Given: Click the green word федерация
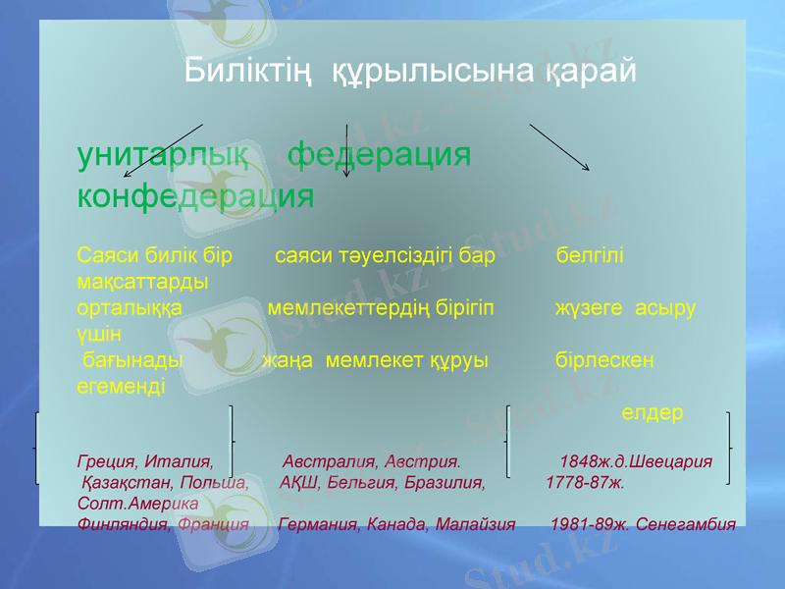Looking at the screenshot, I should (379, 155).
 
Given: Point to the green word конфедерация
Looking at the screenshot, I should (195, 196).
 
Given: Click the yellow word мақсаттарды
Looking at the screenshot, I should (141, 282).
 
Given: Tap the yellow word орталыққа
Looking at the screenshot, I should (129, 307).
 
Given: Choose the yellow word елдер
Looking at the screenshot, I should (653, 413).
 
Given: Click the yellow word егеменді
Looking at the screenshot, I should (121, 385).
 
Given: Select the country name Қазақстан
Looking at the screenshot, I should (125, 482).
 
